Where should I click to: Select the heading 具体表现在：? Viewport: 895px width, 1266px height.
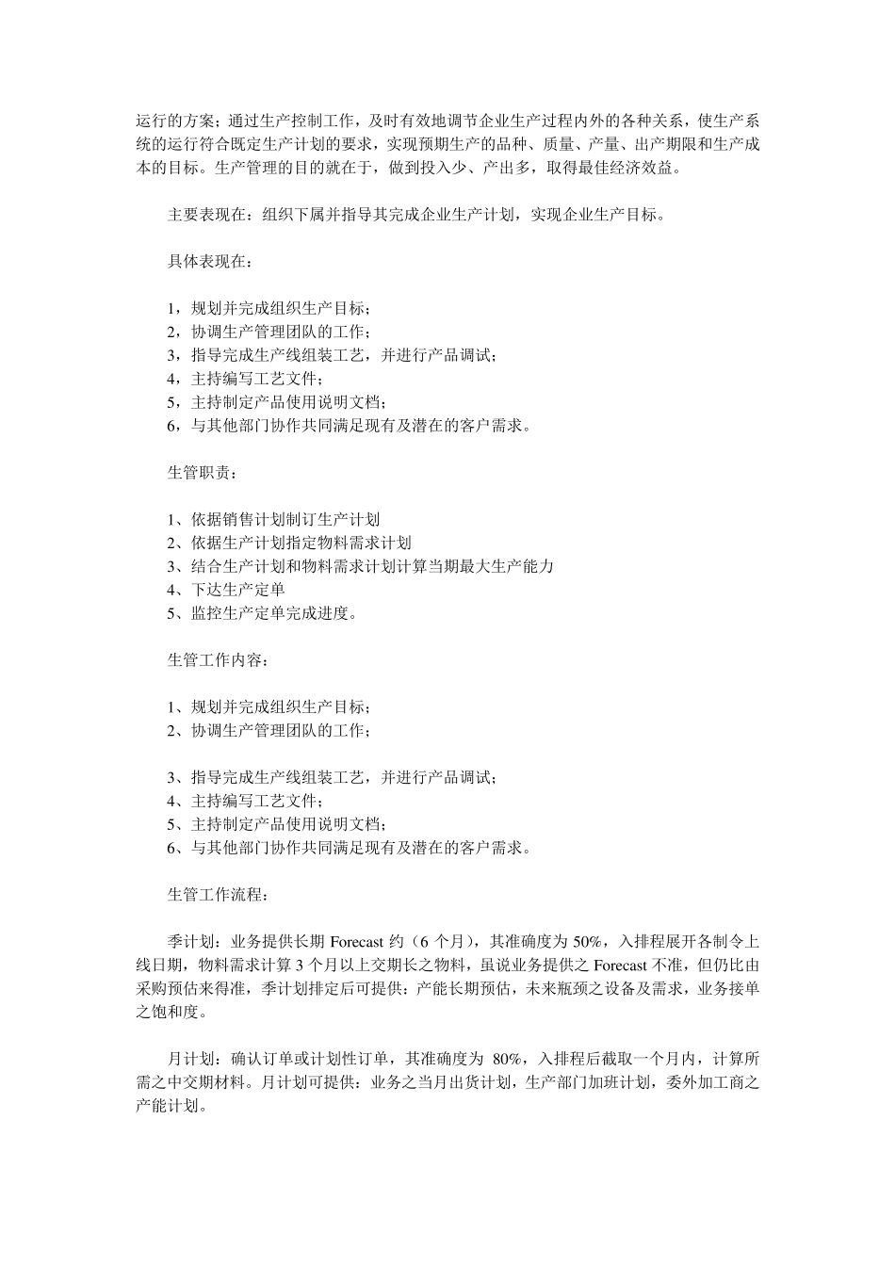[209, 262]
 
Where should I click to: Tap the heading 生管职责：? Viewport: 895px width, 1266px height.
[202, 473]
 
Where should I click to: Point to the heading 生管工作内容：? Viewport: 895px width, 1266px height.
[217, 660]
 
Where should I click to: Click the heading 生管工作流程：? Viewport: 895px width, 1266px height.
[217, 894]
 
